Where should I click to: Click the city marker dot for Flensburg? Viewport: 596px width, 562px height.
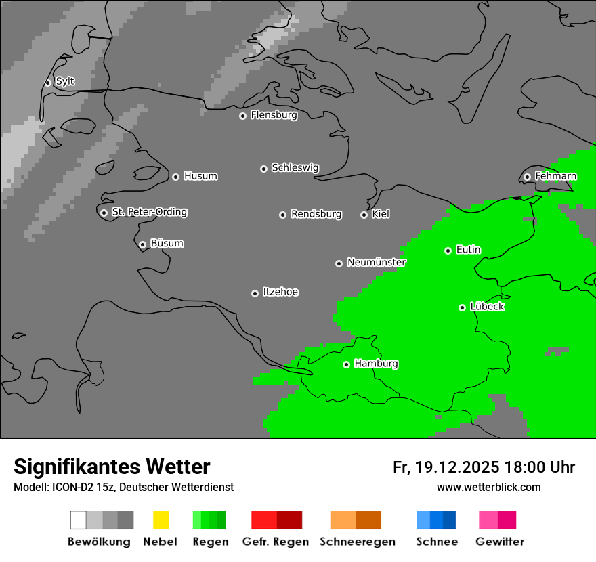tap(242, 116)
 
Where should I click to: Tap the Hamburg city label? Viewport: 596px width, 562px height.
tap(376, 364)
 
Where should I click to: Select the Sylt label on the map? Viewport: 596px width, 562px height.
tap(65, 81)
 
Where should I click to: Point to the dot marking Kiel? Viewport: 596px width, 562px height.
tap(364, 215)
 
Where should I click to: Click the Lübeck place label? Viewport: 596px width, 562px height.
tap(487, 307)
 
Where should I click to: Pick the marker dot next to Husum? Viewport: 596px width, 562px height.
tap(175, 177)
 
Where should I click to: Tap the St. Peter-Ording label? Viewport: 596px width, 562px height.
tap(149, 212)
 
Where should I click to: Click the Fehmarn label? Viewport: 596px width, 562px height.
tap(555, 176)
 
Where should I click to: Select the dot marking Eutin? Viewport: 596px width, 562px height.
tap(448, 251)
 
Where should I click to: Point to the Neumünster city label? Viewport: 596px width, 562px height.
tap(377, 262)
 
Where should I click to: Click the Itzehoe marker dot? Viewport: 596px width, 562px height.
tap(255, 293)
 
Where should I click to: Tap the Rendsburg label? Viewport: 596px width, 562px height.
tap(316, 214)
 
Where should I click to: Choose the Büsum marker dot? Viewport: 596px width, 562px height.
tap(142, 244)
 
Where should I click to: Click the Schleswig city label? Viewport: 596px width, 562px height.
tap(295, 167)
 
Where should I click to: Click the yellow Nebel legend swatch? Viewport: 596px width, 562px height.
tap(161, 520)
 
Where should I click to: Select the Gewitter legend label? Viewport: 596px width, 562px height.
tap(500, 542)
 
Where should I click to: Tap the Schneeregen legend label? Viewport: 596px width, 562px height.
tap(358, 542)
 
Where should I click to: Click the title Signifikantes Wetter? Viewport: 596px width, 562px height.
tap(112, 467)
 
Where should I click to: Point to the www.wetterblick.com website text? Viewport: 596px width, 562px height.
tap(488, 487)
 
